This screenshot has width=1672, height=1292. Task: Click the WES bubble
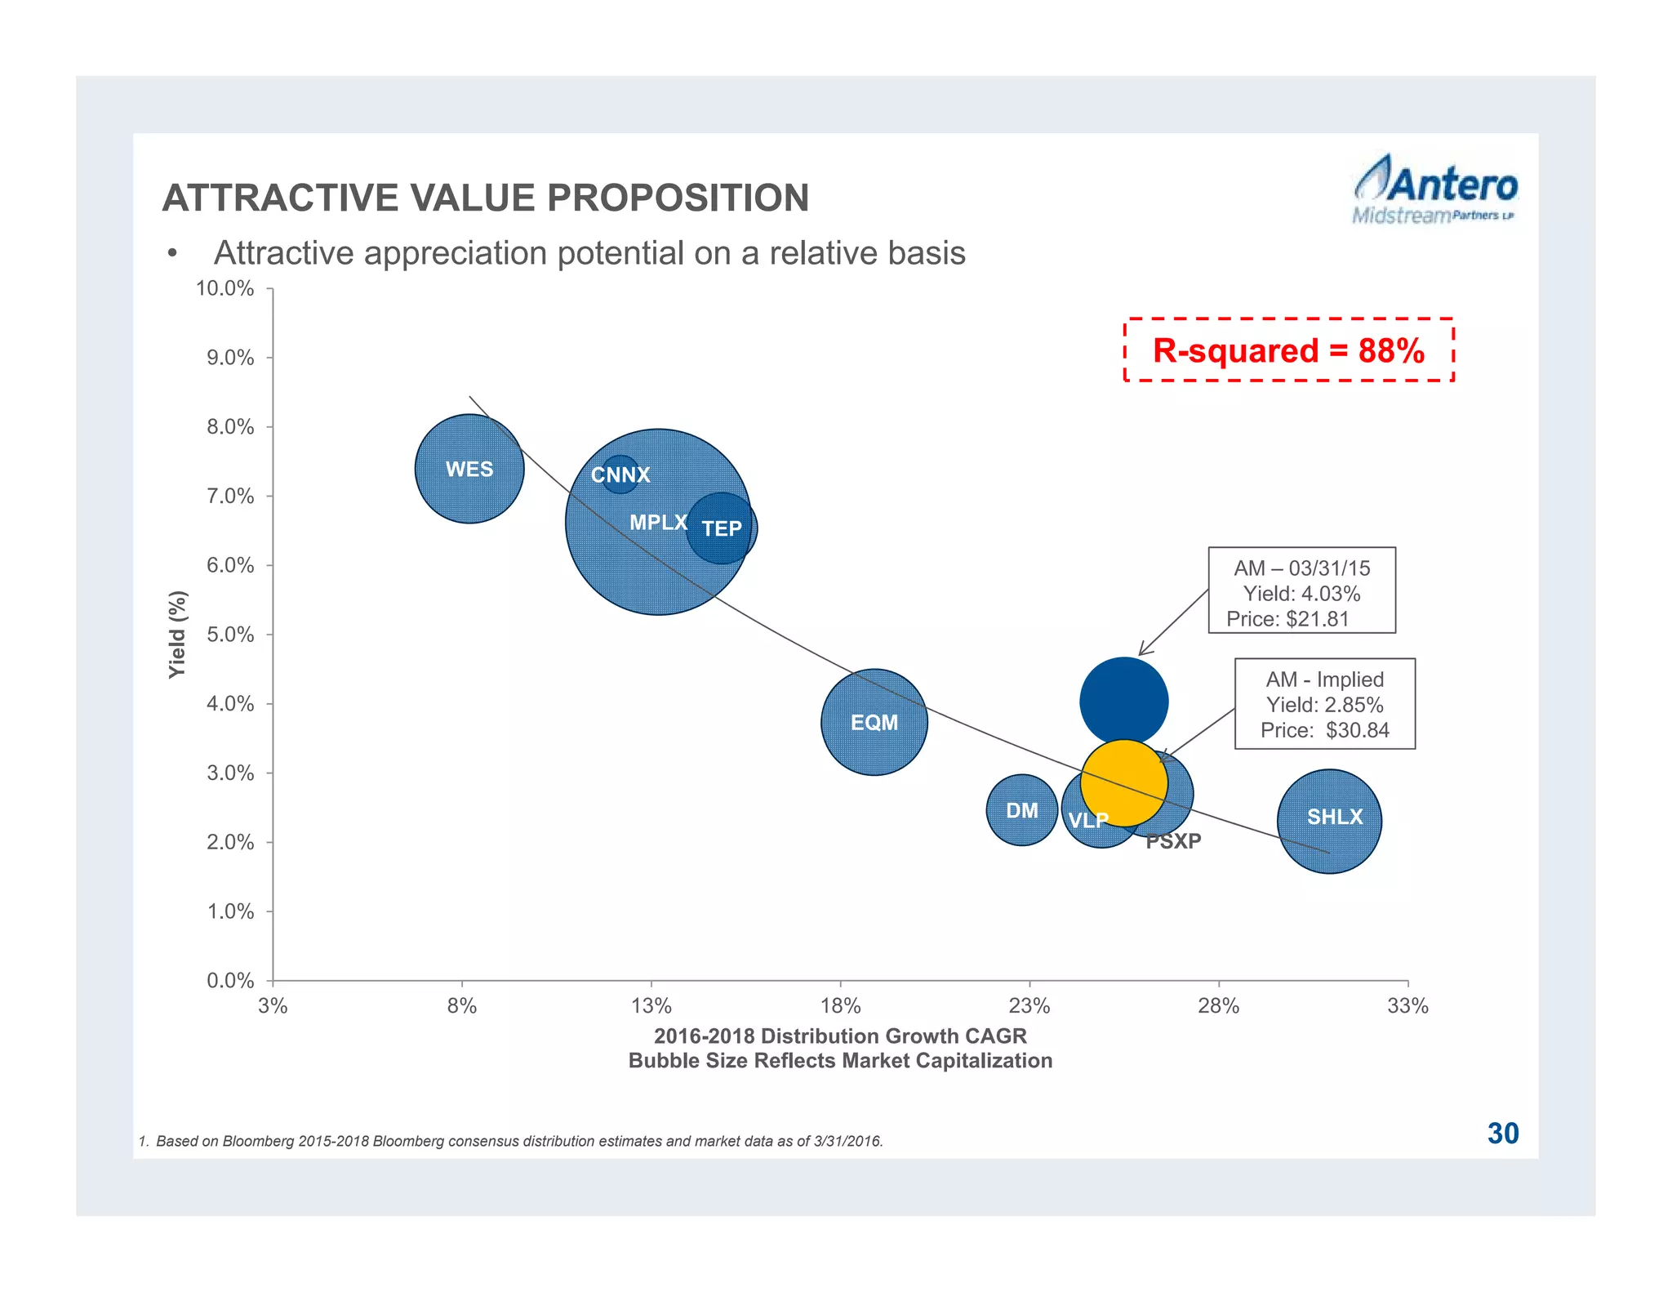(x=469, y=469)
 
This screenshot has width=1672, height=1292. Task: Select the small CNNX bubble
(x=620, y=474)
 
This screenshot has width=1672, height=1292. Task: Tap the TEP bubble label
(x=722, y=528)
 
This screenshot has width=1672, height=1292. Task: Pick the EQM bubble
(x=874, y=722)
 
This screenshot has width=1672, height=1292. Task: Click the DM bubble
(x=1022, y=810)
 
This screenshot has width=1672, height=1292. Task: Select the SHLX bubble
(x=1330, y=821)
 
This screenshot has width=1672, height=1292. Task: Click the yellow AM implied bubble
(x=1124, y=782)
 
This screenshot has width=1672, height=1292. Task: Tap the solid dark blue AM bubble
(x=1124, y=700)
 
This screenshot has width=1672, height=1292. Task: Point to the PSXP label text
(x=1173, y=841)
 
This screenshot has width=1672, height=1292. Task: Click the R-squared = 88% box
(x=1288, y=350)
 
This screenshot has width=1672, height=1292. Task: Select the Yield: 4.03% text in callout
(x=1301, y=594)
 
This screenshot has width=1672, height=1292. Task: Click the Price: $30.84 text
(x=1324, y=730)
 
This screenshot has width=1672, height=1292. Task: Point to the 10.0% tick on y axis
(x=225, y=288)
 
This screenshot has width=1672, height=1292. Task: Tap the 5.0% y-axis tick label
(x=230, y=635)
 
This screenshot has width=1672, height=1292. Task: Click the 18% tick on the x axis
(x=840, y=1006)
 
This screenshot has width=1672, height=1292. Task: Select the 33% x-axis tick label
(x=1407, y=1006)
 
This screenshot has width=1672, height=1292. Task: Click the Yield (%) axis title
(x=177, y=634)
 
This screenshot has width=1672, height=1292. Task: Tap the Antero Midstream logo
(x=1434, y=190)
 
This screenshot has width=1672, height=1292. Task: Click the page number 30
(x=1502, y=1134)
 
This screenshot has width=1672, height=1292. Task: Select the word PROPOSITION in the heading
(x=678, y=198)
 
